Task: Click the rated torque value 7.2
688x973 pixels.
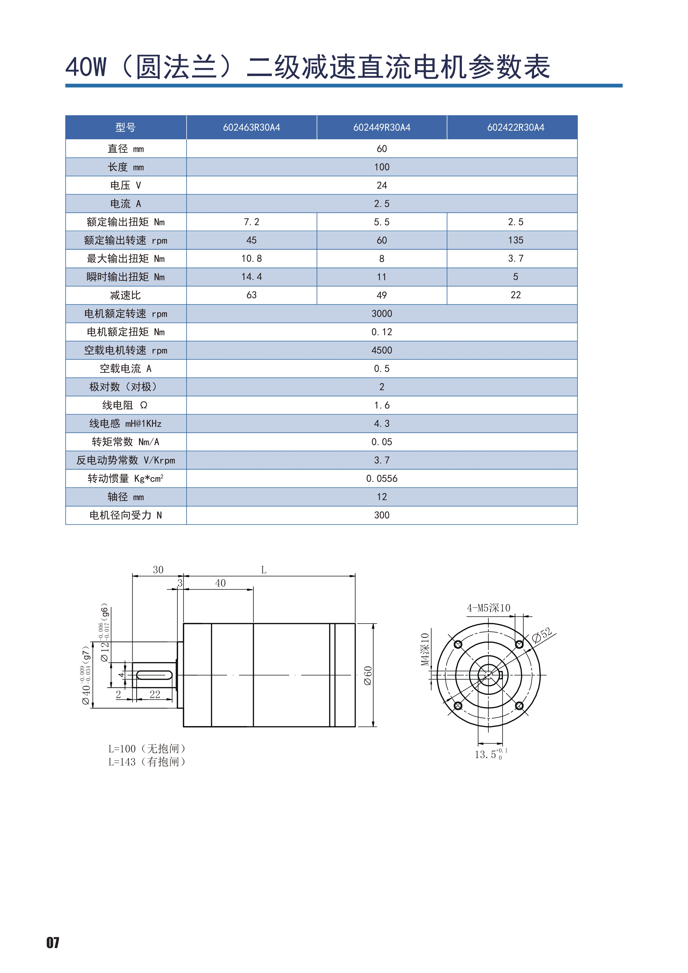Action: pyautogui.click(x=251, y=222)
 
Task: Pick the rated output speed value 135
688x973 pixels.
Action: pyautogui.click(x=515, y=240)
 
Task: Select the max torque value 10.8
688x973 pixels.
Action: pyautogui.click(x=251, y=259)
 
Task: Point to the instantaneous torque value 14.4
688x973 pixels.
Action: pyautogui.click(x=251, y=277)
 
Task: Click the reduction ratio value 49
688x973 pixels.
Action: pyautogui.click(x=382, y=295)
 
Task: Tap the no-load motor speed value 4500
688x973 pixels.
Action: pyautogui.click(x=382, y=350)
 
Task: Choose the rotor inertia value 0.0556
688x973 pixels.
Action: pyautogui.click(x=382, y=478)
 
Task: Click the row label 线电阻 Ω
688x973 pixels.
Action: pyautogui.click(x=125, y=405)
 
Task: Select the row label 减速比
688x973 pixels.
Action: pyautogui.click(x=125, y=295)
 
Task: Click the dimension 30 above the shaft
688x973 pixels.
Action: pyautogui.click(x=158, y=570)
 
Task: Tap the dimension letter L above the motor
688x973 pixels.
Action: pyautogui.click(x=264, y=570)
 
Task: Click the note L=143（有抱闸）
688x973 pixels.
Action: pyautogui.click(x=147, y=762)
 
